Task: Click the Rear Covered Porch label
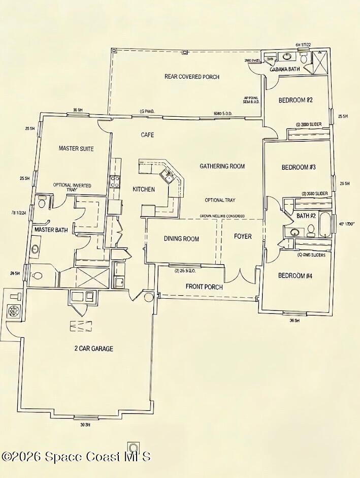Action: [191, 77]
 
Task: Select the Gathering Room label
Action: [222, 166]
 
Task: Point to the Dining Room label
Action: [181, 239]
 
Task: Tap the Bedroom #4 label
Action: [298, 276]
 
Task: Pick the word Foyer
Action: [242, 236]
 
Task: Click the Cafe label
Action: [147, 135]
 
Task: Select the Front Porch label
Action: [204, 287]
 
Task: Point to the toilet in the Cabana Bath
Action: [304, 58]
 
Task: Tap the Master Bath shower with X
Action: [92, 277]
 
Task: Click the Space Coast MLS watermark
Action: [76, 456]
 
